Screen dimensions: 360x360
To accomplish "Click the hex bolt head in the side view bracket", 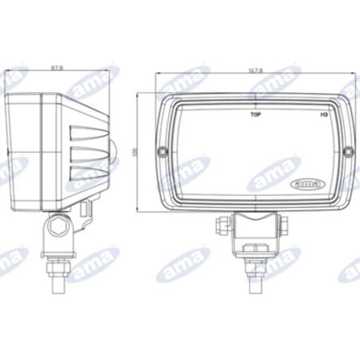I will [x=57, y=229].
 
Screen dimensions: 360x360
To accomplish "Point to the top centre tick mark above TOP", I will [x=256, y=103].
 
